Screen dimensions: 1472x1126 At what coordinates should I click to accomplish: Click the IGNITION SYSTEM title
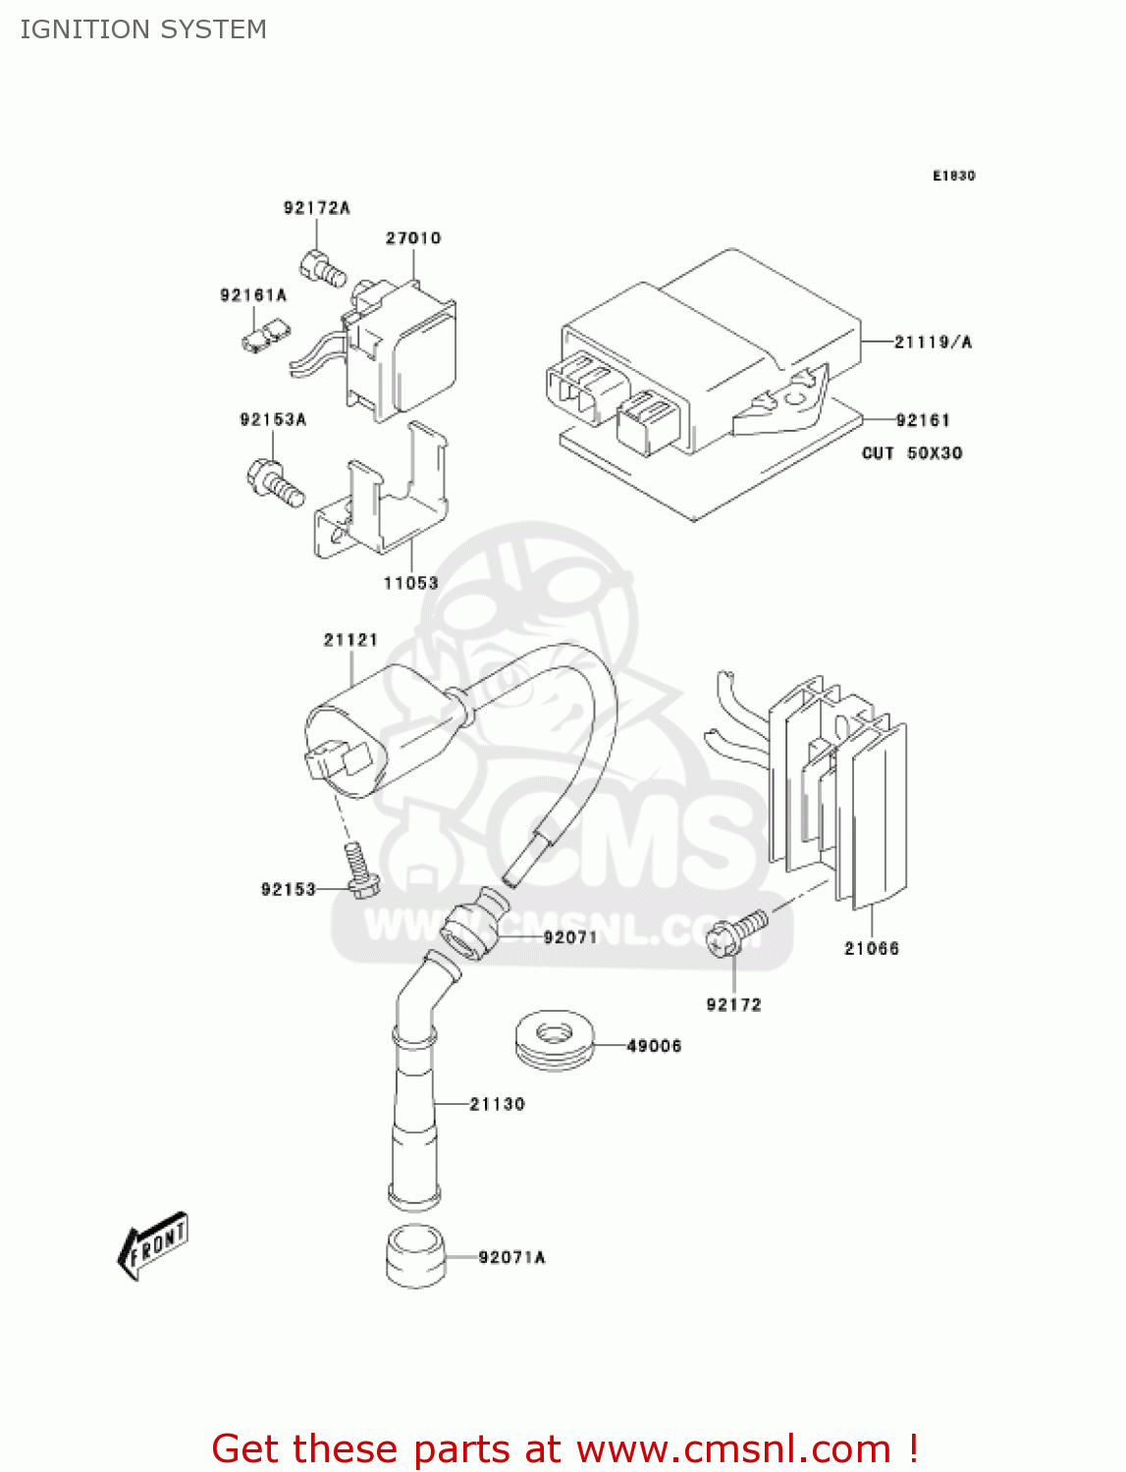(x=143, y=29)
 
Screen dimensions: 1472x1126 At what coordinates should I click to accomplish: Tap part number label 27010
(x=413, y=238)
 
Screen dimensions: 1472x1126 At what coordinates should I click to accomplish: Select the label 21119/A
(x=933, y=342)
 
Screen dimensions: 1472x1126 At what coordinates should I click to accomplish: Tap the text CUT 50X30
(x=912, y=453)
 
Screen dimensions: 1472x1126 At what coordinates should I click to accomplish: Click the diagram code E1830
(x=953, y=176)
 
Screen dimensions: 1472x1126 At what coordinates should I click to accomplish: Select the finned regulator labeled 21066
(x=844, y=785)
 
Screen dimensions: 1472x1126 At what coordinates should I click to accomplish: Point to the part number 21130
(x=497, y=1104)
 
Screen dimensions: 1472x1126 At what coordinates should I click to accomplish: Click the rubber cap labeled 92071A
(x=416, y=1255)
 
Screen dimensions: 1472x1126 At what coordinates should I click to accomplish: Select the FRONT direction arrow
(x=153, y=1246)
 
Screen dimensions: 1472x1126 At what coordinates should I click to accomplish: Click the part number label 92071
(x=570, y=937)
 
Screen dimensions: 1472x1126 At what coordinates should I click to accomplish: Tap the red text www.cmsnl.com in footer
(x=732, y=1448)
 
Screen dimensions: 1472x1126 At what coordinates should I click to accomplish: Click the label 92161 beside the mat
(x=923, y=420)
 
